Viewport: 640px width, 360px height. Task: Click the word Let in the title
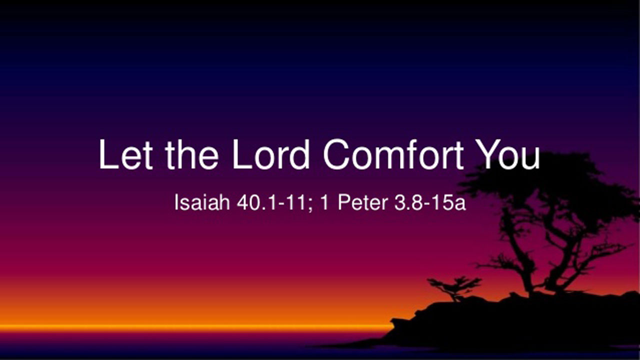pyautogui.click(x=125, y=154)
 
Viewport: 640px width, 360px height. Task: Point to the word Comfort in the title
pyautogui.click(x=393, y=154)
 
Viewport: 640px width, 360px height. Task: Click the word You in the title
pyautogui.click(x=508, y=154)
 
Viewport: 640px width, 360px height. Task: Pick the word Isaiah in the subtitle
pyautogui.click(x=202, y=202)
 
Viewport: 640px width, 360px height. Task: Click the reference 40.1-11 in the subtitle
pyautogui.click(x=271, y=202)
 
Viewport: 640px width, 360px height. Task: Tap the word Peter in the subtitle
pyautogui.click(x=363, y=202)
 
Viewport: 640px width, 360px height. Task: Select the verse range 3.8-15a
pyautogui.click(x=430, y=202)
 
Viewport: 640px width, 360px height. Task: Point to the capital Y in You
pyautogui.click(x=489, y=154)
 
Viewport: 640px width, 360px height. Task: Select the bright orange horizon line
pyautogui.click(x=197, y=327)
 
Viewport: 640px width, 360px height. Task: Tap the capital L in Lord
pyautogui.click(x=240, y=154)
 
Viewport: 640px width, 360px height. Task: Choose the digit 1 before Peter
pyautogui.click(x=325, y=202)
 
